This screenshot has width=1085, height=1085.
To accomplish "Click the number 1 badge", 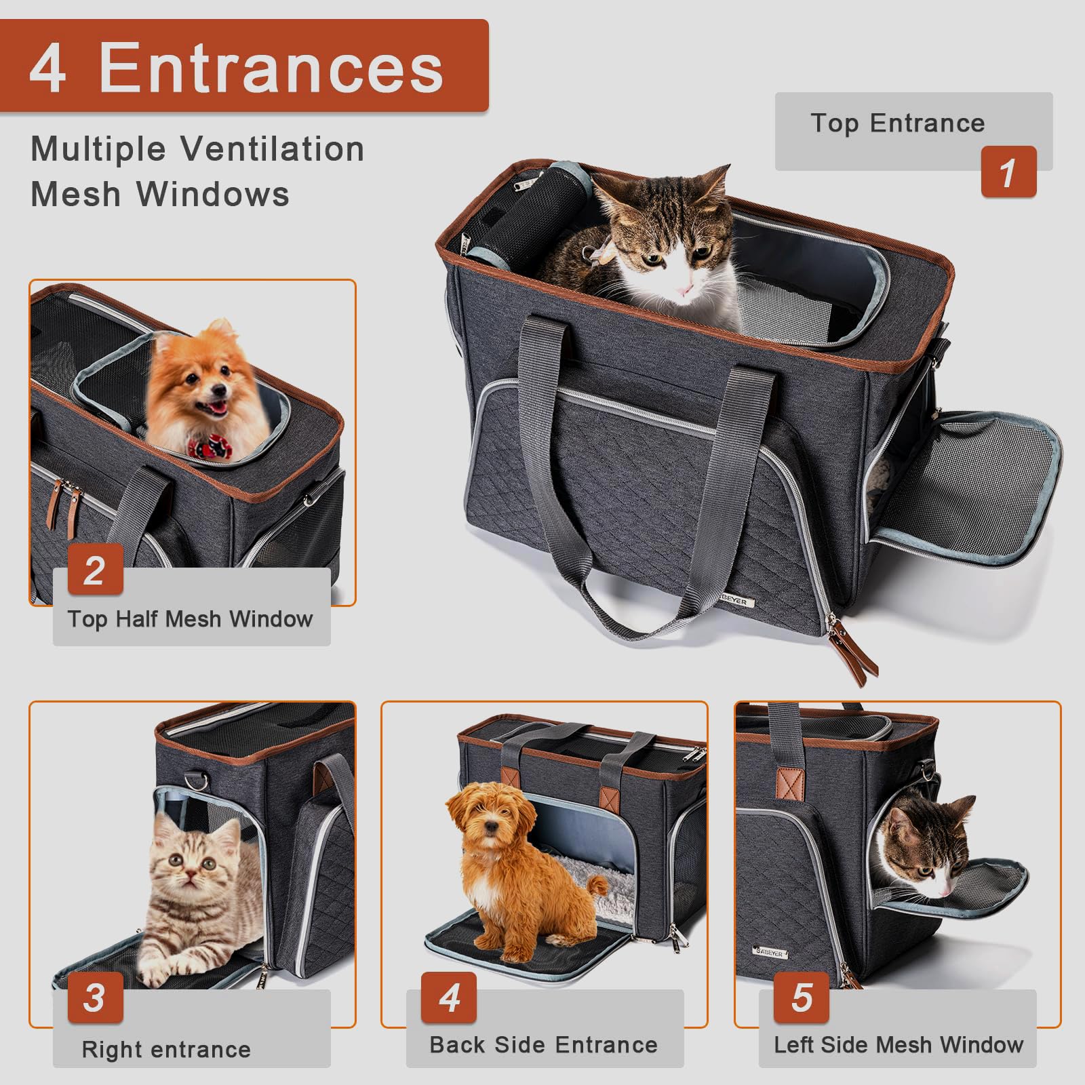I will (1008, 172).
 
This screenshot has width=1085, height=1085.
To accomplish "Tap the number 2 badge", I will (95, 570).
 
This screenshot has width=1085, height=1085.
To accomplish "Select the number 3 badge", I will (95, 998).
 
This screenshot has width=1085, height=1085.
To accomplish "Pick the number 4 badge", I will (449, 998).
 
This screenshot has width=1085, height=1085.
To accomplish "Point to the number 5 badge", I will (802, 998).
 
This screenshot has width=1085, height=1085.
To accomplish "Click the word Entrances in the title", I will (271, 67).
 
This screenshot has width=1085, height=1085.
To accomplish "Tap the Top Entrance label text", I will (897, 123).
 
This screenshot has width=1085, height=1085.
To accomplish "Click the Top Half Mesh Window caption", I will (190, 619).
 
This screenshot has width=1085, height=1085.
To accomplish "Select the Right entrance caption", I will (166, 1049).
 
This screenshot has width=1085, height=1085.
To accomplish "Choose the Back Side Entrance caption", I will (543, 1045).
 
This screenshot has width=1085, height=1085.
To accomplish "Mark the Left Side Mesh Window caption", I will (899, 1045).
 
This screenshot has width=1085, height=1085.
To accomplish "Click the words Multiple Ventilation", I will (197, 149).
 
